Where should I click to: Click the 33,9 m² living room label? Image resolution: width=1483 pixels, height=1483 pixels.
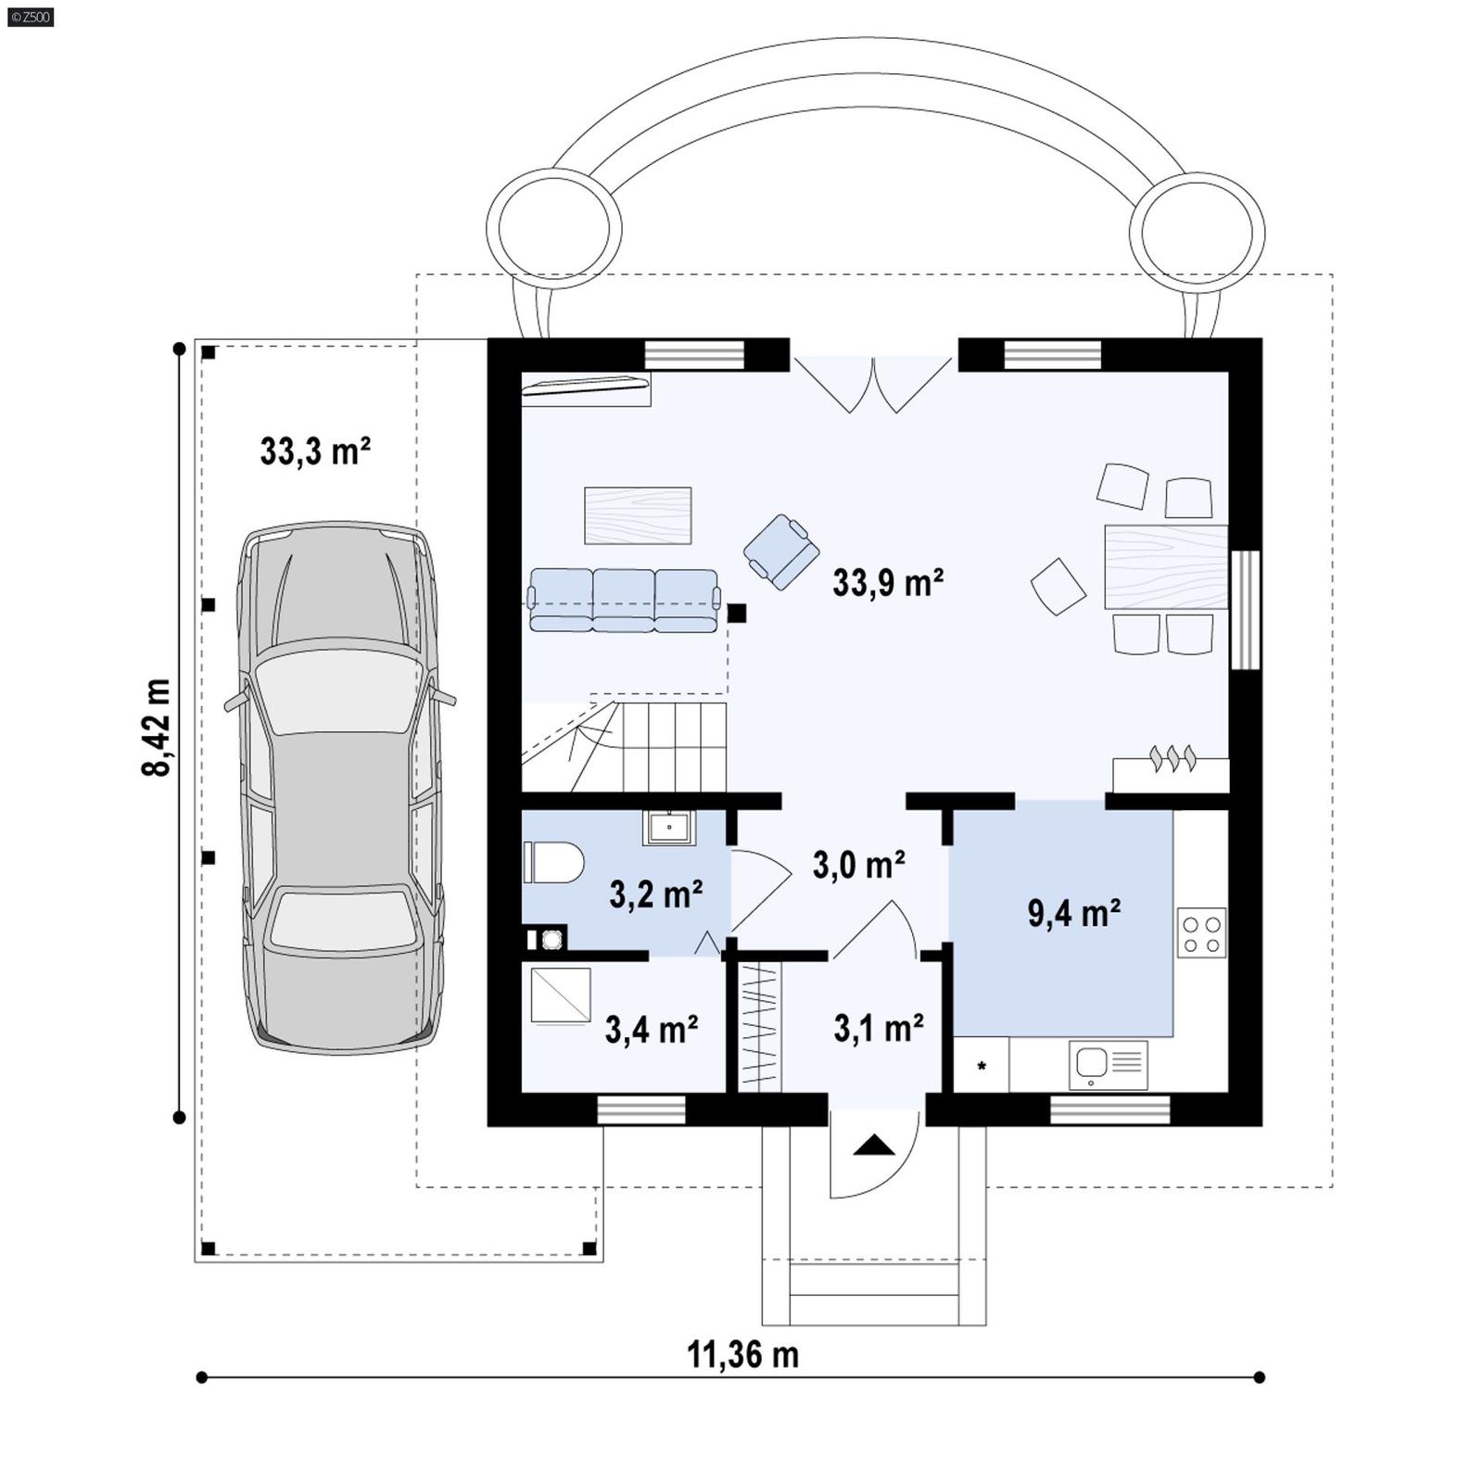click(887, 584)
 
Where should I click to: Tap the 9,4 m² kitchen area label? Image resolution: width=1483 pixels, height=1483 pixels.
click(1073, 914)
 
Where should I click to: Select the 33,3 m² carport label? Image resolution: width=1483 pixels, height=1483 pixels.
click(315, 452)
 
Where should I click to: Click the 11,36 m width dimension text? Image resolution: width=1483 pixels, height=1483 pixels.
click(742, 1355)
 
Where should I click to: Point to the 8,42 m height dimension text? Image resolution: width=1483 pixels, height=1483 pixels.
click(157, 728)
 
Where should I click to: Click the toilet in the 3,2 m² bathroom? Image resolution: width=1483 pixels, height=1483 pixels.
click(554, 862)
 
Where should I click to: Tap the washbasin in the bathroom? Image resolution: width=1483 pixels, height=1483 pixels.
click(668, 827)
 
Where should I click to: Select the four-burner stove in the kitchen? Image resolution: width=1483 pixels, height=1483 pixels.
click(1201, 932)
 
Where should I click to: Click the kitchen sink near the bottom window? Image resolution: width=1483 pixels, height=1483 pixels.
click(1108, 1065)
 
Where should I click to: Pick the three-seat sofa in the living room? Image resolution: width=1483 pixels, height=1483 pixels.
click(624, 601)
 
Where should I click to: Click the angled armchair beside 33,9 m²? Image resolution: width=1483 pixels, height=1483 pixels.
click(781, 551)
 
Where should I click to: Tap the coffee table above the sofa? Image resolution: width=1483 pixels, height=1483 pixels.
click(638, 515)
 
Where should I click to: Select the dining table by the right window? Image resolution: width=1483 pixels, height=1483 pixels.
click(1166, 566)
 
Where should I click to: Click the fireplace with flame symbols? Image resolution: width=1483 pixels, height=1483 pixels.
click(1172, 773)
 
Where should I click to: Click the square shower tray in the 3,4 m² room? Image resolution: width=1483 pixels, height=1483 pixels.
click(561, 995)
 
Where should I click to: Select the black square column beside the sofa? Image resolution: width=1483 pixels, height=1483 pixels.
click(737, 613)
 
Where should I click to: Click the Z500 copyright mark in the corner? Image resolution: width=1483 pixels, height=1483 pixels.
click(30, 17)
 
